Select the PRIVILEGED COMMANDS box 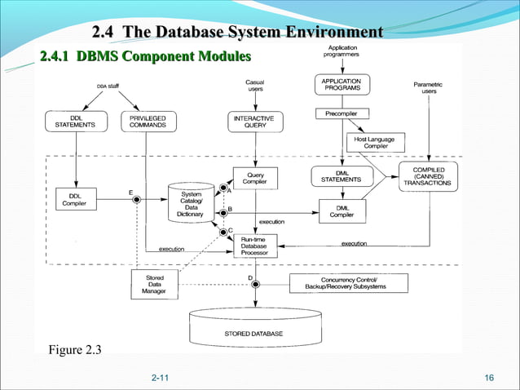(x=147, y=122)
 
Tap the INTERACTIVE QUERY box (x=254, y=122)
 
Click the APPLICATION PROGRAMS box (x=341, y=86)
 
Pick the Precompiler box (x=341, y=113)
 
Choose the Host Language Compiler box (x=375, y=142)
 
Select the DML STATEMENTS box (x=341, y=175)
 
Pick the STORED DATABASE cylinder (x=253, y=328)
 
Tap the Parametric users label (x=429, y=87)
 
